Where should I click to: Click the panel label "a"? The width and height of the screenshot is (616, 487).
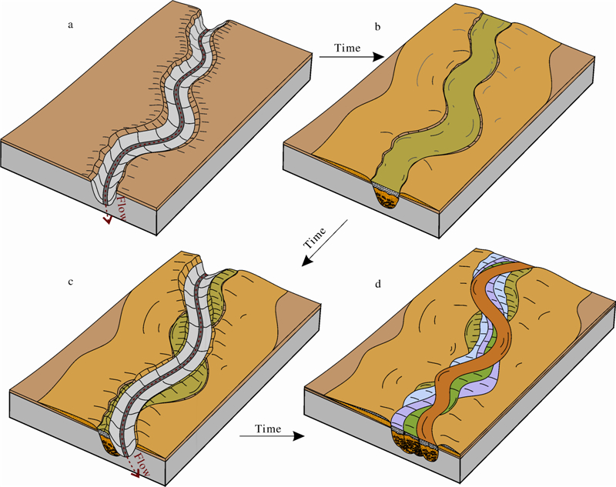point(71,25)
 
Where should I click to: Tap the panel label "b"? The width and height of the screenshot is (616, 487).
point(377,27)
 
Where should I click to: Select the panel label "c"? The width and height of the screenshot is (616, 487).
point(71,282)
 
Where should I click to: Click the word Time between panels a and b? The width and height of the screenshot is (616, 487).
point(348,48)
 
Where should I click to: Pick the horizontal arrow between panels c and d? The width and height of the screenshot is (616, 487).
point(269,437)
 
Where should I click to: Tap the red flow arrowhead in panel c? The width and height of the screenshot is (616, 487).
point(144,480)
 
